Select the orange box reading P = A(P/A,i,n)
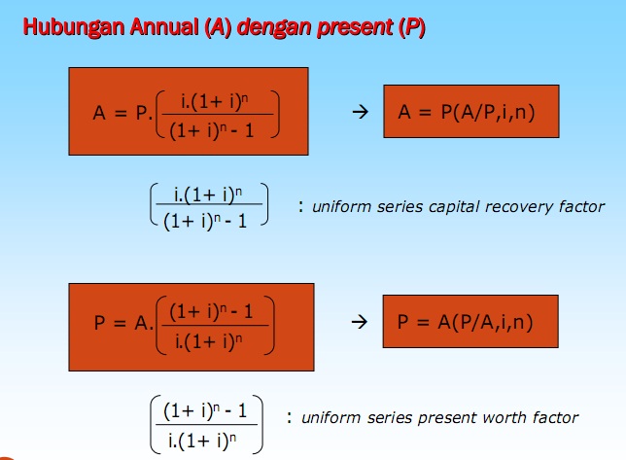(470, 321)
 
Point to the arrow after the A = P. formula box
(358, 112)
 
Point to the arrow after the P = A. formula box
(358, 321)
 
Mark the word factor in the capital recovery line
(583, 206)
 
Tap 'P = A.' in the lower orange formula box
(123, 323)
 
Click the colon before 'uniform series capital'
(301, 206)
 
